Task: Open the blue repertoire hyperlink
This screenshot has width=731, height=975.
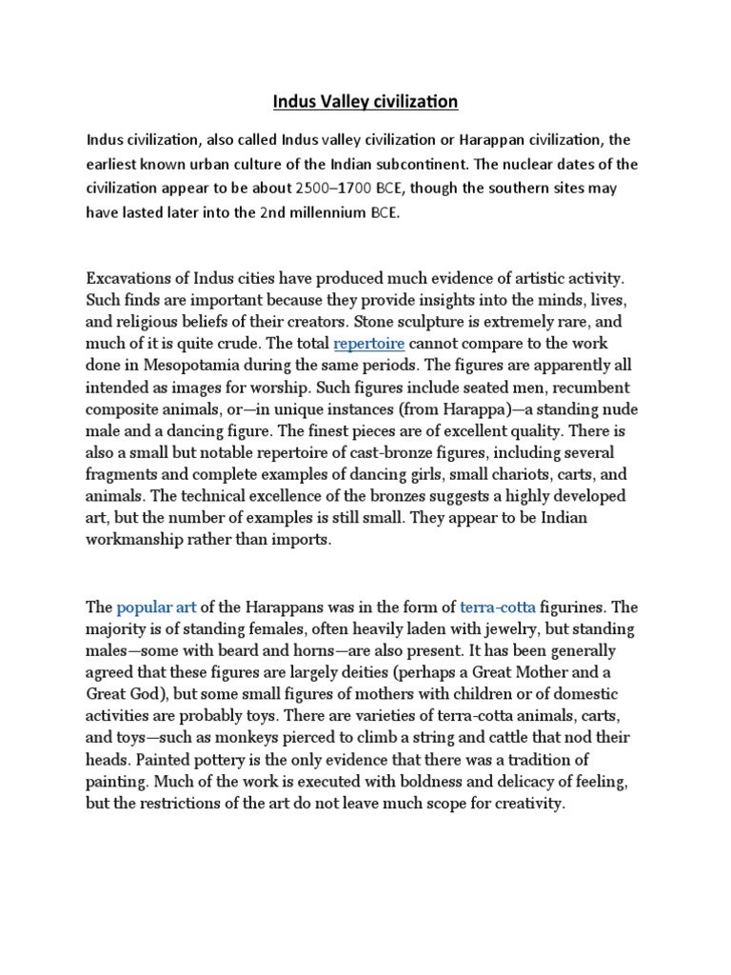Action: coord(369,343)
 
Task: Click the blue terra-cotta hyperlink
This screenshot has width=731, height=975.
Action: coord(498,607)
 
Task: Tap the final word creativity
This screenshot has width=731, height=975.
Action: coord(527,804)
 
